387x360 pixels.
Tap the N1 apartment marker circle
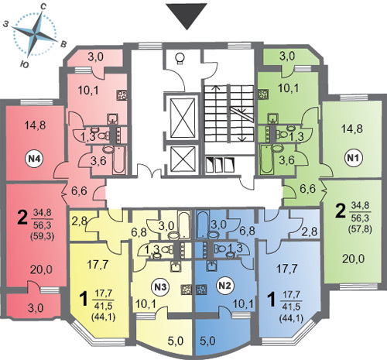[354, 158]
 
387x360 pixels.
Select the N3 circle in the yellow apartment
[160, 287]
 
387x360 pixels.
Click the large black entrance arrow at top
[187, 16]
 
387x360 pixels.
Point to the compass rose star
[35, 34]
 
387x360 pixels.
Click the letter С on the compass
[43, 7]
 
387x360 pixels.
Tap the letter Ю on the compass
[24, 65]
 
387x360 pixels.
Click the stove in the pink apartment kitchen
[122, 95]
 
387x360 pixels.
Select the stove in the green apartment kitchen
[263, 94]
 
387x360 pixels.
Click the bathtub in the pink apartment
[119, 159]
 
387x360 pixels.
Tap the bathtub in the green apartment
[265, 159]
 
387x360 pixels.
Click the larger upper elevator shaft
[183, 118]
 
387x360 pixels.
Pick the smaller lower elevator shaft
[183, 159]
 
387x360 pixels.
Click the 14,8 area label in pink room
[35, 125]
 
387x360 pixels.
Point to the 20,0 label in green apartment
[354, 259]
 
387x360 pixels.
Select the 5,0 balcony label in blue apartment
[208, 341]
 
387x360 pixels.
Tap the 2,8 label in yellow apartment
[78, 221]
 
